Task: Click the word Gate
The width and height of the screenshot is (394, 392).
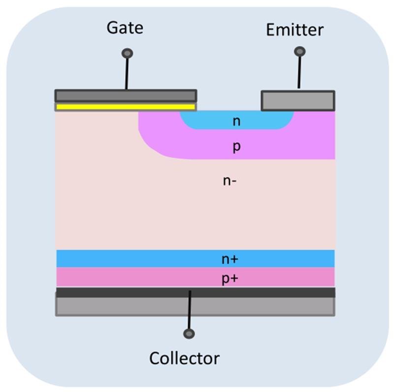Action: (x=125, y=28)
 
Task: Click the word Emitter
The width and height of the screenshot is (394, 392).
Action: (x=295, y=30)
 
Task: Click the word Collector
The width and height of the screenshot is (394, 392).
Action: (x=184, y=358)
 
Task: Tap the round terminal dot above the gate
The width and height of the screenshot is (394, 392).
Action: (x=127, y=53)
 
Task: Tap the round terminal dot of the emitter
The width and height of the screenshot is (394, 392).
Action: (x=299, y=51)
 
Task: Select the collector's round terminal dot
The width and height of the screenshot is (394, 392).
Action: (x=189, y=334)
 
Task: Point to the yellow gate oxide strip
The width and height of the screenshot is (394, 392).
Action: (x=126, y=106)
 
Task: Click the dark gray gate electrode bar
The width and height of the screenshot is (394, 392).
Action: (x=126, y=96)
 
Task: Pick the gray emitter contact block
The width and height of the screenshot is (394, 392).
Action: (x=298, y=100)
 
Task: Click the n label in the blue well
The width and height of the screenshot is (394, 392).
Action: (x=236, y=121)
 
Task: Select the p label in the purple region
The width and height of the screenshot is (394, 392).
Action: (x=236, y=147)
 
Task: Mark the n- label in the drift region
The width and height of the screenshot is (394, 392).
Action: (x=230, y=181)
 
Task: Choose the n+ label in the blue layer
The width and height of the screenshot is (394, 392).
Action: (x=230, y=259)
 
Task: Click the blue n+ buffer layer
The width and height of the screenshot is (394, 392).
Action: (x=123, y=259)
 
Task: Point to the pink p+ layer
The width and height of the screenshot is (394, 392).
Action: (x=123, y=277)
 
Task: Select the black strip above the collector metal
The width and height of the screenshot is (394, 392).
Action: (x=123, y=293)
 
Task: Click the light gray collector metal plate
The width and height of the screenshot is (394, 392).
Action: (x=123, y=306)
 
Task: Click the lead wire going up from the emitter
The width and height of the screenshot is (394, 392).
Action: (x=299, y=72)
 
